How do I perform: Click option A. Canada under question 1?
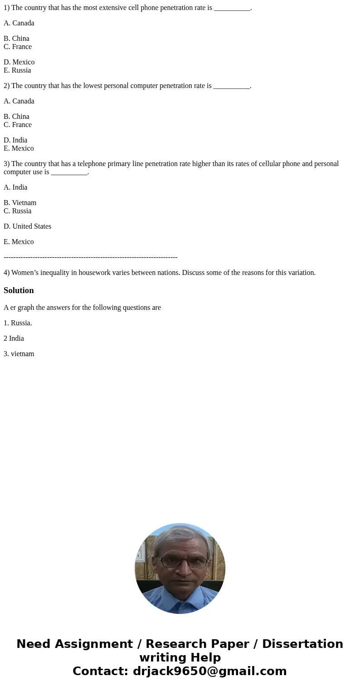(x=19, y=23)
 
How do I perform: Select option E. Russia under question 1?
(x=17, y=70)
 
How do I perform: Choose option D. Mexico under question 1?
(x=19, y=62)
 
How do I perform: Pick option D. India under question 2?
(x=15, y=140)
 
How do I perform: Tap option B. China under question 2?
(x=16, y=117)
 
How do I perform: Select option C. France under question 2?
(x=18, y=125)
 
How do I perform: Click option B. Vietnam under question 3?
(x=20, y=203)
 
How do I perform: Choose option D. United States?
(x=27, y=226)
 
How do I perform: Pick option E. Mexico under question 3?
(x=19, y=242)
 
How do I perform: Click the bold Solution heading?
(x=19, y=290)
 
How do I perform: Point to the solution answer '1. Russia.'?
(x=18, y=323)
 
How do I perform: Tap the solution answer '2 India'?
(x=14, y=338)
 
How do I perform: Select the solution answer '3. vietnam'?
(x=19, y=354)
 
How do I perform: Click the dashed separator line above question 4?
(x=91, y=257)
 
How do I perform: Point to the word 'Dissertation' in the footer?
(x=302, y=644)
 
